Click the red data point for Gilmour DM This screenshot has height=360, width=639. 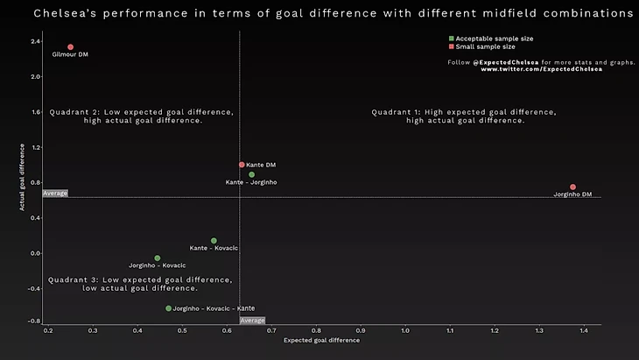(x=70, y=47)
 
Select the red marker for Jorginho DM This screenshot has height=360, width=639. (x=572, y=187)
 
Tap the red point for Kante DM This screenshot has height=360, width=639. (x=242, y=165)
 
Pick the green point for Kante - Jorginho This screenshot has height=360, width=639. (x=251, y=174)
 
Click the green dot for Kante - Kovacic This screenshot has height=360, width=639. (x=214, y=241)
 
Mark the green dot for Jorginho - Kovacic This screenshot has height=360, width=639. (x=158, y=258)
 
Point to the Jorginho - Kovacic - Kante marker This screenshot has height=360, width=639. (x=169, y=308)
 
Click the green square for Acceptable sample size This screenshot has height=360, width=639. (x=451, y=39)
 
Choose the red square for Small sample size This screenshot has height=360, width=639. (x=451, y=46)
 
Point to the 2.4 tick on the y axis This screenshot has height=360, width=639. (x=35, y=42)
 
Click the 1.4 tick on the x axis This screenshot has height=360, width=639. (x=584, y=330)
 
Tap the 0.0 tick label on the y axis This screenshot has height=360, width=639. (x=35, y=253)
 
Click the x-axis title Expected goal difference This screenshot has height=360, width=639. (x=321, y=340)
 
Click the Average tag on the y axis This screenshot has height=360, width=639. (x=55, y=193)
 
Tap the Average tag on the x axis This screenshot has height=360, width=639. (x=252, y=321)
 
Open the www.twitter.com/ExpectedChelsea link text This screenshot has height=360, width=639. (x=541, y=69)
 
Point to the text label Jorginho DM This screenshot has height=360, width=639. (x=574, y=194)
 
